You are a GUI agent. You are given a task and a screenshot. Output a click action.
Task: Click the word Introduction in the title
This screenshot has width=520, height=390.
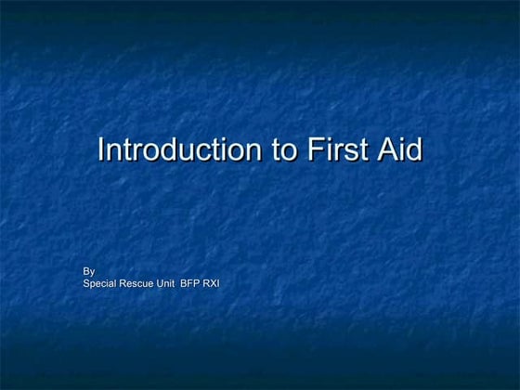(x=175, y=149)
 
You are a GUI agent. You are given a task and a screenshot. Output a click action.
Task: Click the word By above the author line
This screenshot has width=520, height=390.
(x=89, y=271)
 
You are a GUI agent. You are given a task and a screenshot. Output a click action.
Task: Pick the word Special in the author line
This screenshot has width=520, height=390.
(x=101, y=282)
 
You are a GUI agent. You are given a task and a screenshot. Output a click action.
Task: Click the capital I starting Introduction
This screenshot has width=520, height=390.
(x=102, y=149)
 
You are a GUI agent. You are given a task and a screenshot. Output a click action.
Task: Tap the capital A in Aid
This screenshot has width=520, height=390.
(x=384, y=149)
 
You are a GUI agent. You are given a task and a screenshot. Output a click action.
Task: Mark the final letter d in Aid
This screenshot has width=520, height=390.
(x=414, y=149)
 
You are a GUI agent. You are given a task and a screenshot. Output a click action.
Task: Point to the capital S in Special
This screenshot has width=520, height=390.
(x=86, y=282)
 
